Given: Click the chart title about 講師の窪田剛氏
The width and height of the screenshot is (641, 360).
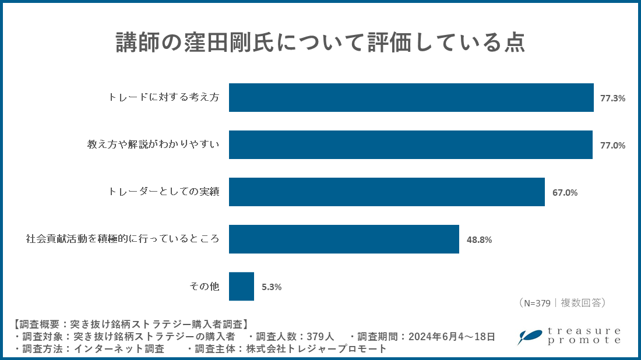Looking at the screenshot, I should [x=320, y=43].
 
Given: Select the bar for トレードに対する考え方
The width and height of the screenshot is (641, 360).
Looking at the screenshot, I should [x=411, y=98].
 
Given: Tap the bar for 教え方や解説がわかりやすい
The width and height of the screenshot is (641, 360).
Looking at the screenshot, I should [x=411, y=145].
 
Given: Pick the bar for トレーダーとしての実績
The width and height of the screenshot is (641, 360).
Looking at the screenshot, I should [x=386, y=192].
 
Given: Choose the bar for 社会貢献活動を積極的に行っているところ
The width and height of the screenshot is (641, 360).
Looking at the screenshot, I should [x=344, y=239].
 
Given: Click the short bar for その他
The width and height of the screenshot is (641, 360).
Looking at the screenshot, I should [x=241, y=287].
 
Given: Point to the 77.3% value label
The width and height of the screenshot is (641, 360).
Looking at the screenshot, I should [x=612, y=98].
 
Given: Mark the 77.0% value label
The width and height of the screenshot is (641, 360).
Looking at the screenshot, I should [x=612, y=146].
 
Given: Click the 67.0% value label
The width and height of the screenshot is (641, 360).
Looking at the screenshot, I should [x=565, y=193].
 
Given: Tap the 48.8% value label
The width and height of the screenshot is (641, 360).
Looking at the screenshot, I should [x=479, y=240].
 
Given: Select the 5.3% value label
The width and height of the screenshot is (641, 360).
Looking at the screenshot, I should [x=272, y=287].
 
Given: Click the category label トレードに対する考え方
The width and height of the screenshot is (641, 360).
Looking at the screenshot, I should [x=164, y=98].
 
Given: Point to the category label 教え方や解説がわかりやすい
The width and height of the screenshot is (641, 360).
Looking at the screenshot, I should [x=153, y=145].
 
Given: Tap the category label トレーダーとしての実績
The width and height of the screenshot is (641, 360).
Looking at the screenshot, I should [x=164, y=192].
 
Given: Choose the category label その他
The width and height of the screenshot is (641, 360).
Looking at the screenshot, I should [x=204, y=287].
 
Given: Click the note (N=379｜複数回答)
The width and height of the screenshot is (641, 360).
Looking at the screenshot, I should [x=562, y=303].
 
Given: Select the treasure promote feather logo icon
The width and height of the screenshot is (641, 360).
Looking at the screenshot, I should [x=530, y=337].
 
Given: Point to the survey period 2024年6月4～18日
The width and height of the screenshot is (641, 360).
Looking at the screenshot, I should [x=452, y=337].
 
